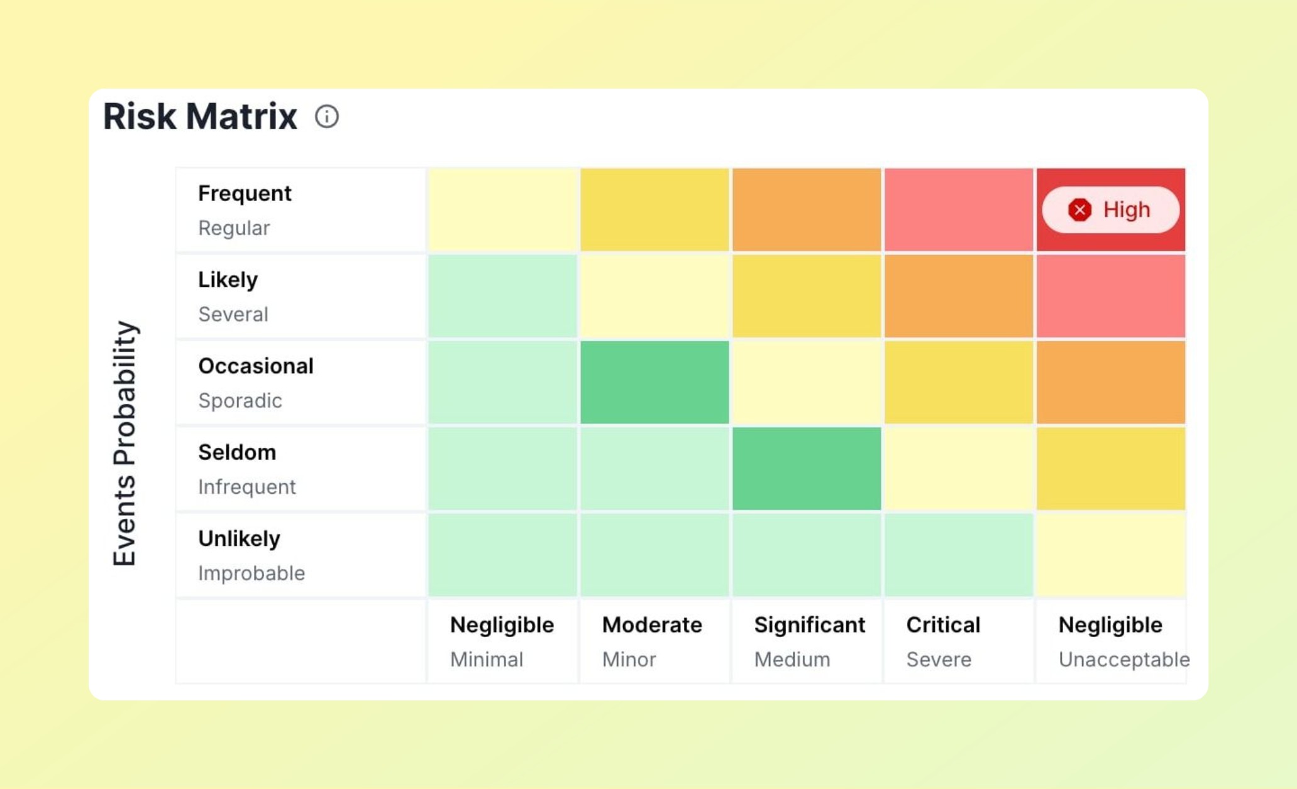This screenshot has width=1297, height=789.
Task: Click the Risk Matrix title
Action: click(x=200, y=116)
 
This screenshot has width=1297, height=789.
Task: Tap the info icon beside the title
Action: click(x=327, y=116)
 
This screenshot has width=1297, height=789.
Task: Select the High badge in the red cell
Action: click(x=1110, y=210)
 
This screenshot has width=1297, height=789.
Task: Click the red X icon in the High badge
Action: click(x=1079, y=210)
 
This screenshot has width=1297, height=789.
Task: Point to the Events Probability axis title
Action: click(x=124, y=443)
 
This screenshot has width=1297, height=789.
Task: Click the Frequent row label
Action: click(x=245, y=193)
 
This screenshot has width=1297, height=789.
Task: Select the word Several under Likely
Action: click(x=233, y=314)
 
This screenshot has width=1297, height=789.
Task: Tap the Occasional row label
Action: click(x=255, y=366)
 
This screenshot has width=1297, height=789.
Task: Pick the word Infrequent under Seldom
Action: click(x=246, y=487)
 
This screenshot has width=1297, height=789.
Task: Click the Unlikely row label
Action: click(x=239, y=539)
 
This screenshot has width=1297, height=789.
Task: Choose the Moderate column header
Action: click(x=652, y=625)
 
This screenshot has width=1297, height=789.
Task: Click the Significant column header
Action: click(x=809, y=625)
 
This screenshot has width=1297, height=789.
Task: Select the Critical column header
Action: click(x=943, y=625)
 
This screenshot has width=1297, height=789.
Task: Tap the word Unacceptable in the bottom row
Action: click(x=1123, y=660)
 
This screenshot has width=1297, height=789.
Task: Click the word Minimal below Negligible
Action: click(x=487, y=660)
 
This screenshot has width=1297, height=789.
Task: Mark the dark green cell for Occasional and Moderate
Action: click(x=654, y=383)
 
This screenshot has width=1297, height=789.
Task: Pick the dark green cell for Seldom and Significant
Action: click(x=807, y=469)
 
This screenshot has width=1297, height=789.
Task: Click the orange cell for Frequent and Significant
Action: click(x=807, y=210)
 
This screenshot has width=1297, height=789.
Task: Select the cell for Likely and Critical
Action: click(x=959, y=296)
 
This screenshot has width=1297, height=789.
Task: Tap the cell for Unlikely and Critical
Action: click(x=959, y=555)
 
